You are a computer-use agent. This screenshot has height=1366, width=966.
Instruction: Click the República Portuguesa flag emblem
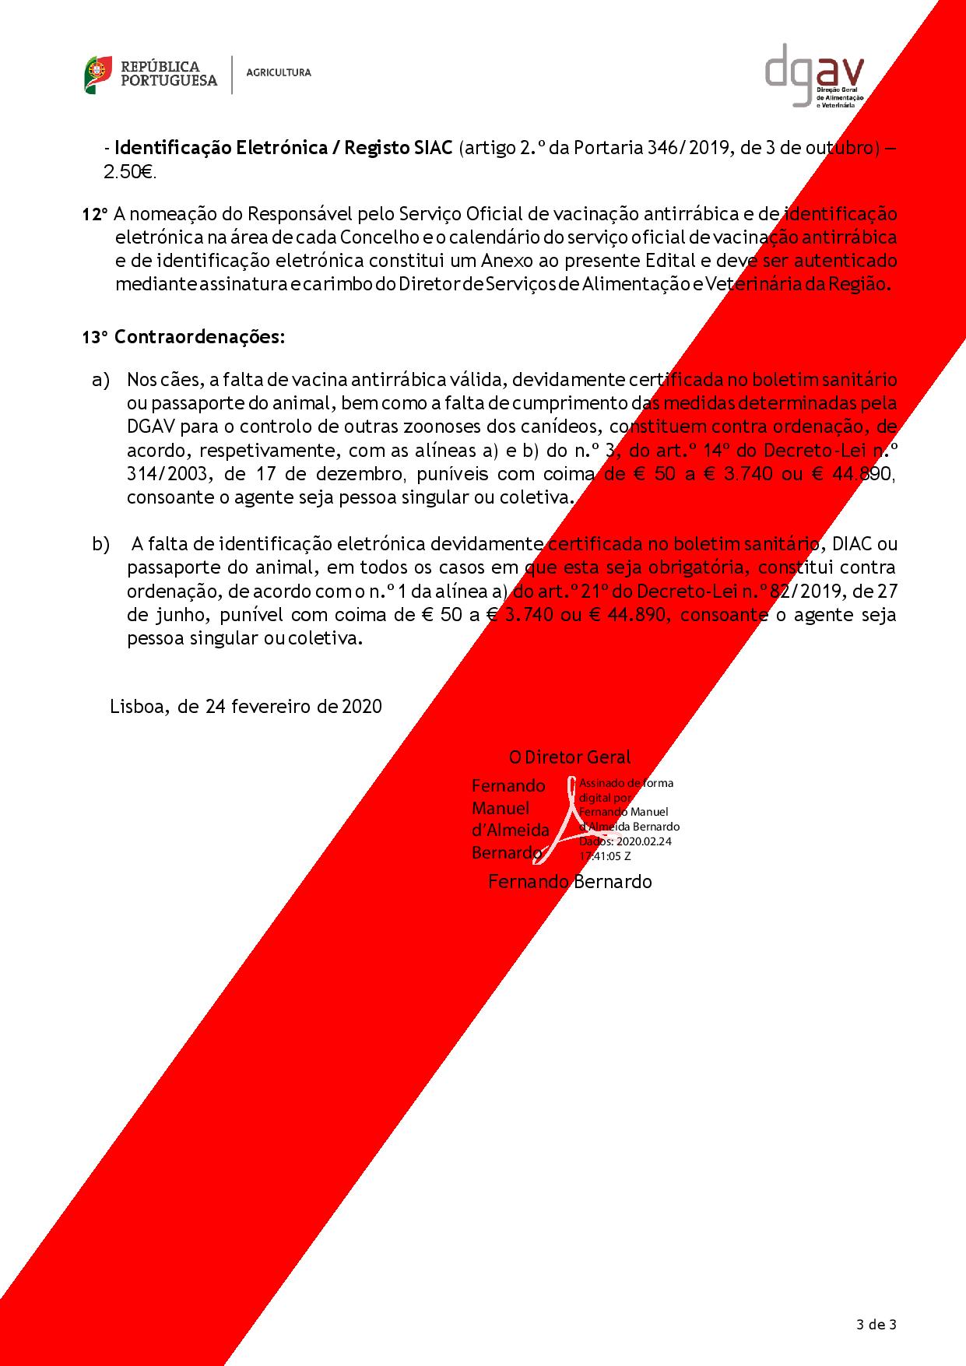(97, 74)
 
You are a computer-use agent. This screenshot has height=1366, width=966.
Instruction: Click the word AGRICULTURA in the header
(278, 72)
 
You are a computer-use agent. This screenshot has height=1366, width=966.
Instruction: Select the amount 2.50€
(129, 173)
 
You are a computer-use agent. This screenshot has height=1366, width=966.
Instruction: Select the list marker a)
(100, 380)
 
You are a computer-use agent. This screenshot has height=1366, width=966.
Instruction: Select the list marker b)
(101, 544)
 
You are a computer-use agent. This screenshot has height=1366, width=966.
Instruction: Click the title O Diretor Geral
(569, 757)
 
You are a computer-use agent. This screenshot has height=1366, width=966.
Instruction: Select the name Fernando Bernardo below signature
(569, 881)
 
